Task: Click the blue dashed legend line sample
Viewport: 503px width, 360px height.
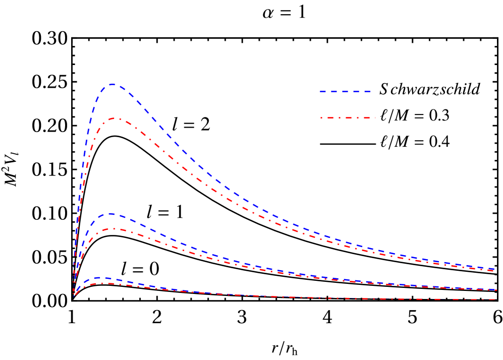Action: (345, 92)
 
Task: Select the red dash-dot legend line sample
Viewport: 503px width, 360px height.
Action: (348, 118)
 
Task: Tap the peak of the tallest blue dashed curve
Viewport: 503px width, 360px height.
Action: (113, 84)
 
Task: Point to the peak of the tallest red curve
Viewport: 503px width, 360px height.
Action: (115, 118)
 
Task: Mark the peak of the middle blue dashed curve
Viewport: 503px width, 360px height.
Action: (109, 214)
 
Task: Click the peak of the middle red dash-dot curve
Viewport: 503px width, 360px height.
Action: (113, 229)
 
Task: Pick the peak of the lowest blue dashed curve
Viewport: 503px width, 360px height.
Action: (101, 278)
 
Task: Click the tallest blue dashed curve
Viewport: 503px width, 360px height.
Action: (202, 167)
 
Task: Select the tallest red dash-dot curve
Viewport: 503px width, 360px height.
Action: (202, 179)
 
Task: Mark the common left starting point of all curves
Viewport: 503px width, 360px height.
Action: (73, 296)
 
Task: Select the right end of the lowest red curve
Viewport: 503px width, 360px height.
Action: (494, 300)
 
